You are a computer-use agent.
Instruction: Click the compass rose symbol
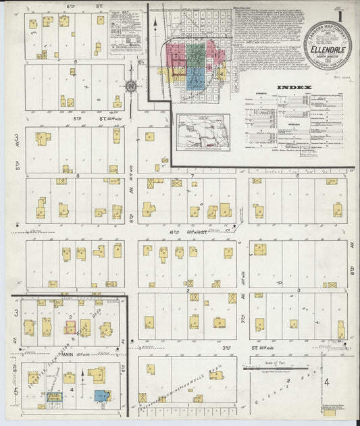(130, 86)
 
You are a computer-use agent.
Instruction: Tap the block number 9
(76, 62)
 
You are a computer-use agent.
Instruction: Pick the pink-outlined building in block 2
(70, 327)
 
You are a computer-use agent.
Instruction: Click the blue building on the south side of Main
(102, 396)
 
